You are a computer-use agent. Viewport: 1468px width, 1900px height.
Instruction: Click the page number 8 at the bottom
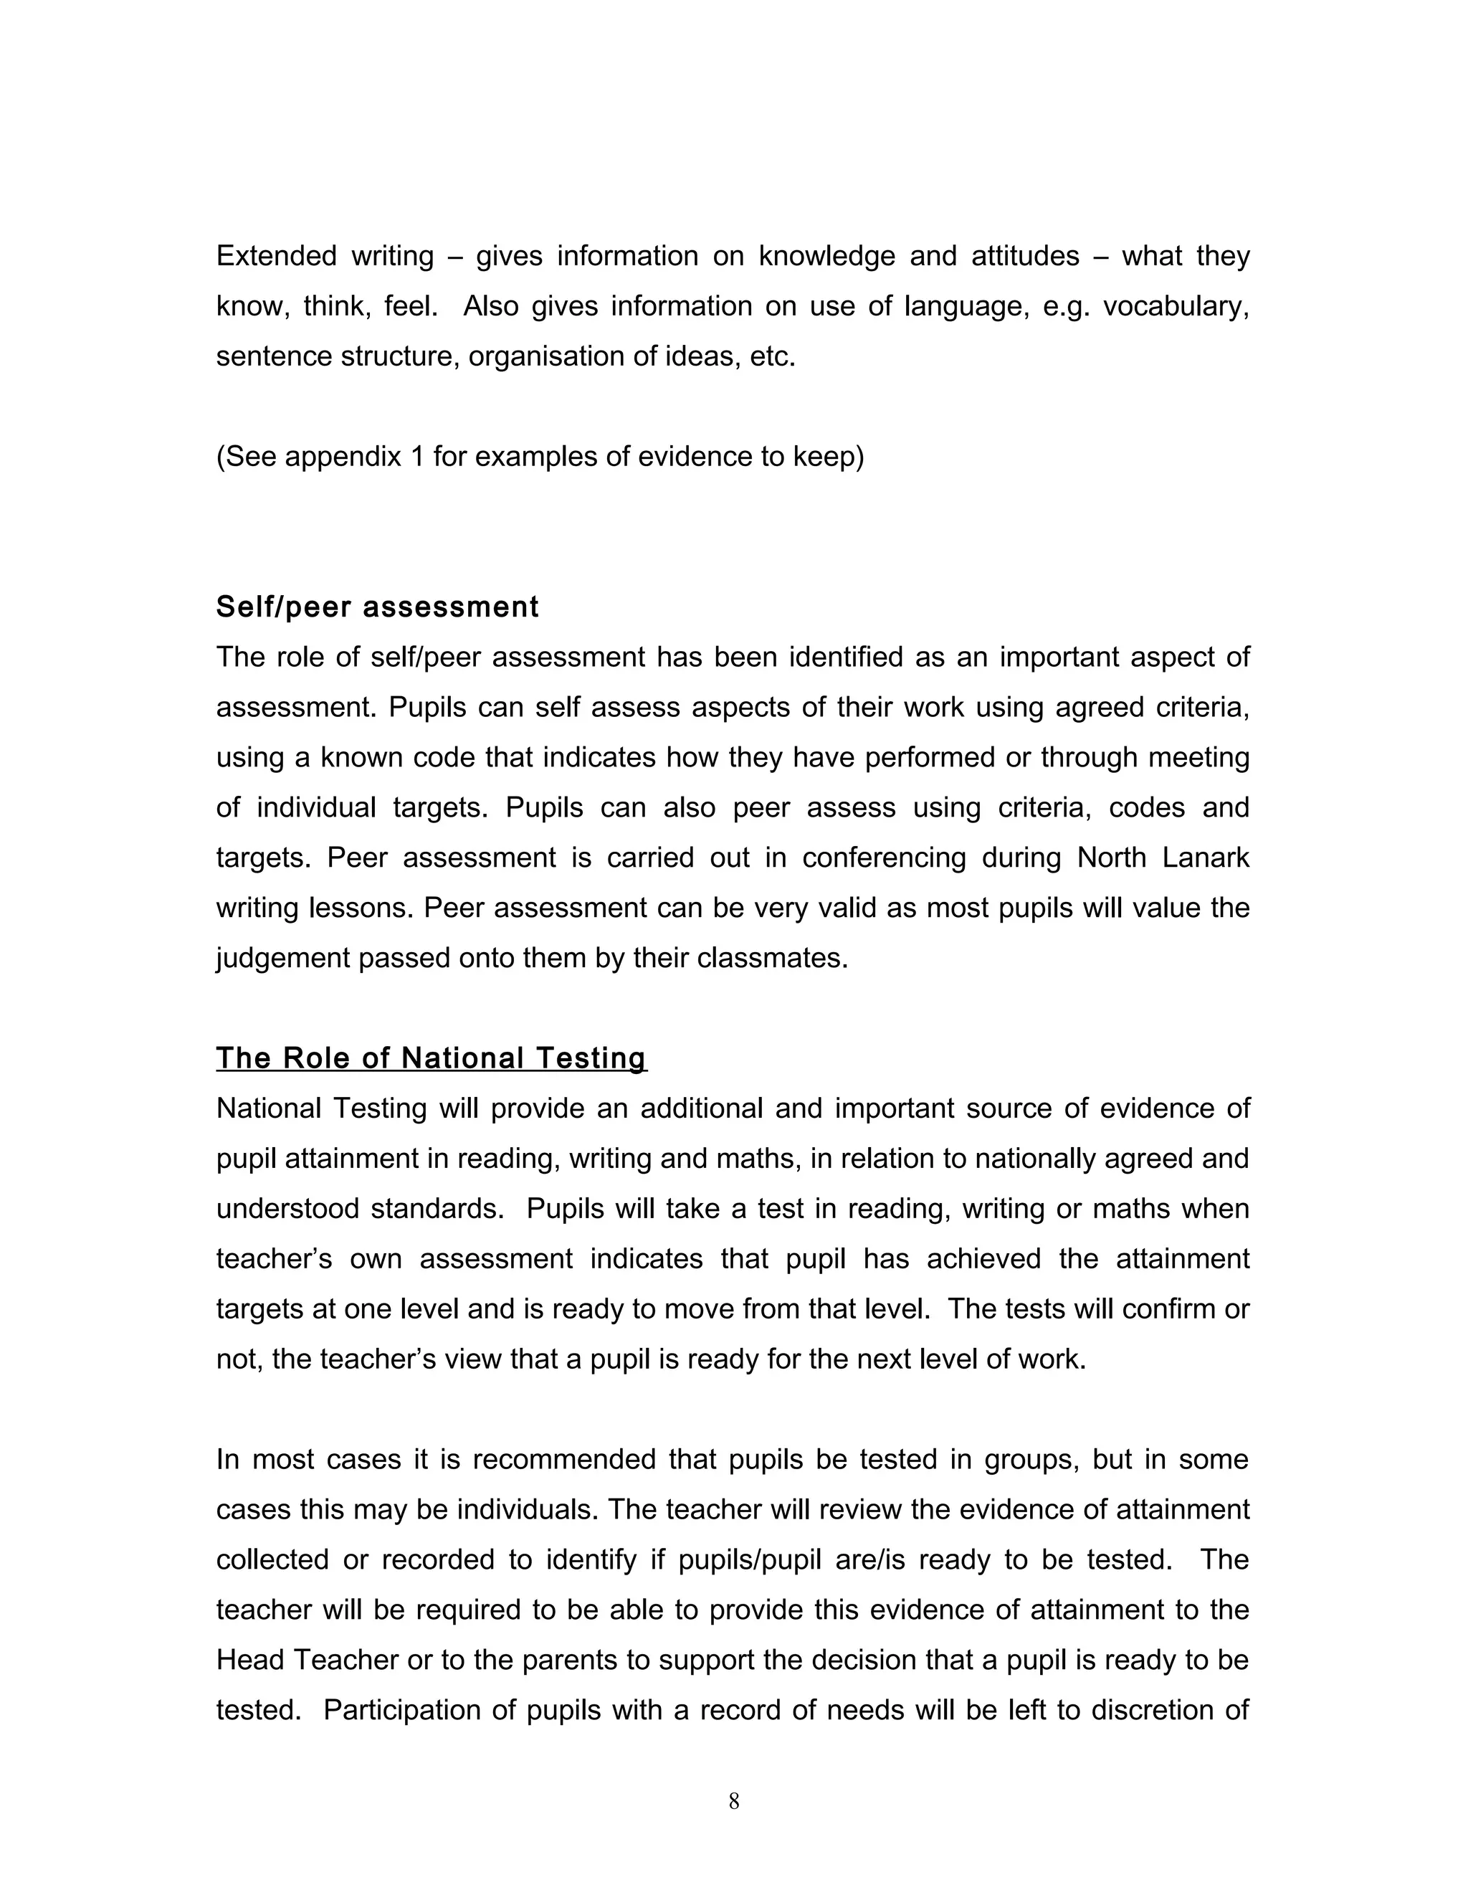[733, 1802]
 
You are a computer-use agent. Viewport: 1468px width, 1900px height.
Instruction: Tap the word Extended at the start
[276, 256]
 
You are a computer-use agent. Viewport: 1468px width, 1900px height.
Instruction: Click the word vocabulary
[1175, 306]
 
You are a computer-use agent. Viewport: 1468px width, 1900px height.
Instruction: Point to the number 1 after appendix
[417, 457]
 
